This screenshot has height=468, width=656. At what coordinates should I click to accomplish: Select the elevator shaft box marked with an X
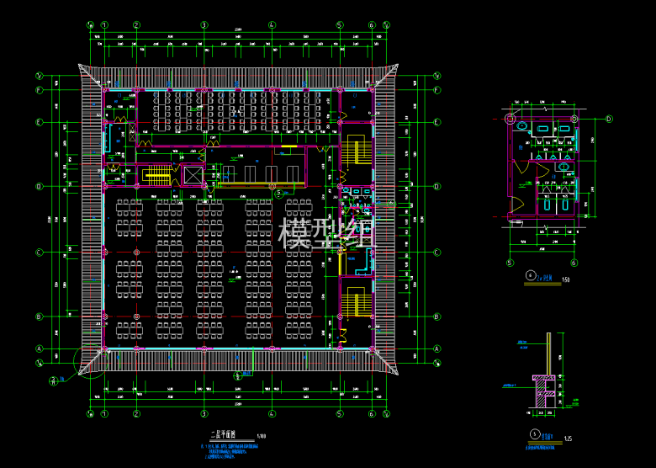pos(193,175)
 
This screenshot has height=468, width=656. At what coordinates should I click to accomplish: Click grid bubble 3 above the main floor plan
pos(204,24)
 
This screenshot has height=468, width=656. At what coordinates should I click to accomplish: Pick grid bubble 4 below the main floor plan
pos(272,414)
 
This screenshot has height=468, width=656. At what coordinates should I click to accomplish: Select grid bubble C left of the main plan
pos(40,253)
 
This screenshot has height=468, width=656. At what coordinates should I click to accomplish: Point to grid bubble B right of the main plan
pos(437,316)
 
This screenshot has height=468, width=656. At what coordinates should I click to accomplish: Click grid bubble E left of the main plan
pos(40,123)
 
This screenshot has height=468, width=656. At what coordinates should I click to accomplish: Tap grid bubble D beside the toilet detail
pos(609,119)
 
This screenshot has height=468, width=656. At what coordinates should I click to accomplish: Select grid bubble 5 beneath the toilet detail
pos(510,262)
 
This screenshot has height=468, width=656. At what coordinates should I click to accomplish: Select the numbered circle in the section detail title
pos(535,434)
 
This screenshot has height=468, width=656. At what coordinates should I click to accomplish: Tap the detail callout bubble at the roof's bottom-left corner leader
pos(53,380)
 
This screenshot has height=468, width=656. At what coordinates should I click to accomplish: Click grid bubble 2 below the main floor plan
pos(135,414)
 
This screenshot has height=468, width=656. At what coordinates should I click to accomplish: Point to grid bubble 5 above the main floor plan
pos(339,24)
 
